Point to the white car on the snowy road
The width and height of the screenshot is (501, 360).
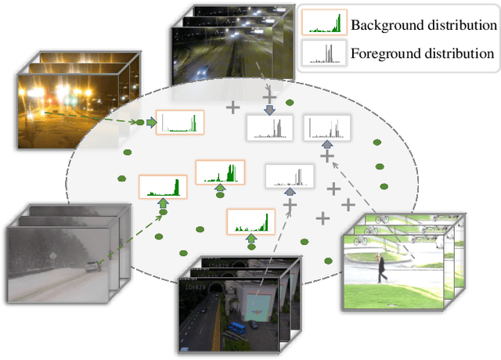coord(93,266)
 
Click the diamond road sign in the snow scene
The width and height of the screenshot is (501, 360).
coord(50,255)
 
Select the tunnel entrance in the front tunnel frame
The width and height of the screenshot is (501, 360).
coord(213,291)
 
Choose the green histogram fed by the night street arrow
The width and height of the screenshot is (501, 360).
coord(181,122)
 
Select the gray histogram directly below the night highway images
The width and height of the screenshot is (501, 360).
coord(270,128)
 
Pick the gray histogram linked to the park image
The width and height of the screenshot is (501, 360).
coord(328,128)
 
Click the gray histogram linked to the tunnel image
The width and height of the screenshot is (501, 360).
coord(290,176)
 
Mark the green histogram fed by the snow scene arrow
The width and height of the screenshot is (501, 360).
coord(164,186)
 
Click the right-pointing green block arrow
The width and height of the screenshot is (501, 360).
coord(151,123)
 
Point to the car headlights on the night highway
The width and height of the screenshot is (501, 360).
coord(204,71)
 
